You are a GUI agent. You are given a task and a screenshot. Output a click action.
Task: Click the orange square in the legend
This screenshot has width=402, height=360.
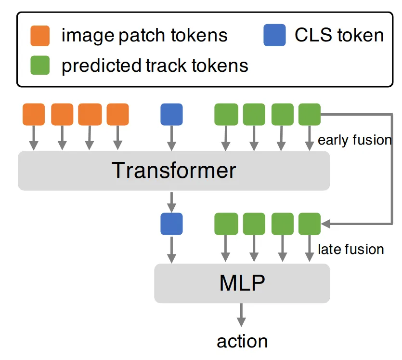(40, 36)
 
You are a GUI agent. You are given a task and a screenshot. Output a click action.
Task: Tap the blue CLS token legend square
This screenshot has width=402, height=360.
(274, 36)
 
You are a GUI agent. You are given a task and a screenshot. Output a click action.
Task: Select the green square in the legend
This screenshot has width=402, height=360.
(40, 65)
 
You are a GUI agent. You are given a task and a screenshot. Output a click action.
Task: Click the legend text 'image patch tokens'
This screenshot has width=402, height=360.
(144, 36)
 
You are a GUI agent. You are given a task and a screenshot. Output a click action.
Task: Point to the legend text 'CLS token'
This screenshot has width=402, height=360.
(339, 36)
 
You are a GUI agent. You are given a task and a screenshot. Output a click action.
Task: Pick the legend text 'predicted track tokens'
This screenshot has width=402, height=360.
(155, 66)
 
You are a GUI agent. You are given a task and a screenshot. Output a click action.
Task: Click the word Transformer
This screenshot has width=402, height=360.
(174, 171)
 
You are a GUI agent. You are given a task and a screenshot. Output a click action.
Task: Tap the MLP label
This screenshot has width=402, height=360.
(242, 283)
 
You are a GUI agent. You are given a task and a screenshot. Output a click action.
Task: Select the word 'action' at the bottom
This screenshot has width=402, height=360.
(242, 341)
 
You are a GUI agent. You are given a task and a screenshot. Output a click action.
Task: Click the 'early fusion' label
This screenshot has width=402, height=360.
(355, 140)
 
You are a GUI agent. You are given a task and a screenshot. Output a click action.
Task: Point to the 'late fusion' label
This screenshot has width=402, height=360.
(351, 249)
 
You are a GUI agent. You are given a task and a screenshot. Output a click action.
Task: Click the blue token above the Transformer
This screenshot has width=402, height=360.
(171, 115)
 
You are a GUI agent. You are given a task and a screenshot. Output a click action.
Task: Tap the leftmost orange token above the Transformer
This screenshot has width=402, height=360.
(34, 115)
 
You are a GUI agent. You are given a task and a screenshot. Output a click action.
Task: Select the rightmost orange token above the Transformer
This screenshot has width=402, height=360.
(117, 115)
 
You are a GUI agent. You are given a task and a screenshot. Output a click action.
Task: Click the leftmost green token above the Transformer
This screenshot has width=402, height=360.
(226, 115)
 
